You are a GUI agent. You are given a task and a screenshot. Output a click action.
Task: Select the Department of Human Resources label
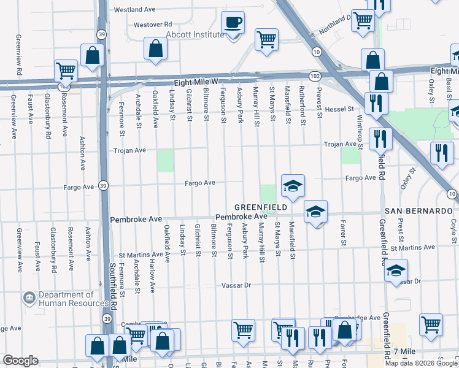coord(74,299)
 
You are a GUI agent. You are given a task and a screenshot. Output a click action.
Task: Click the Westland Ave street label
coord(135,10)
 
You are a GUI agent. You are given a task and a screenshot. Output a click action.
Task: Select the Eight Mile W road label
coord(196,81)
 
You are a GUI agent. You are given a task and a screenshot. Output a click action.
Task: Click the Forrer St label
coord(344,233)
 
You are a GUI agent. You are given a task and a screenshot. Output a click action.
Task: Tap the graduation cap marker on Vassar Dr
coord(396,270)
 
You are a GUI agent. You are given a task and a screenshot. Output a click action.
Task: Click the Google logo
coord(20,361)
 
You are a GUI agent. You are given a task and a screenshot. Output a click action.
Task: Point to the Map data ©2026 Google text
coord(421,363)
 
